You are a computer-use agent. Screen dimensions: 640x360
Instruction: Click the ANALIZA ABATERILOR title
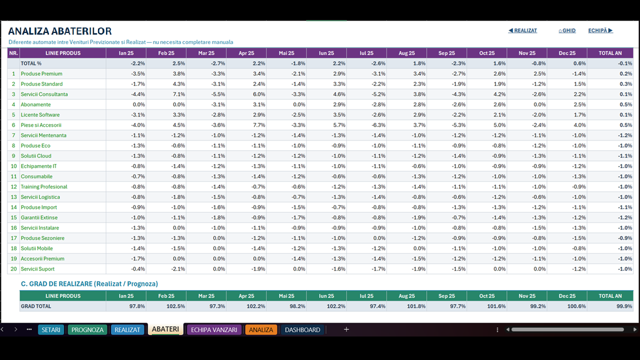59,31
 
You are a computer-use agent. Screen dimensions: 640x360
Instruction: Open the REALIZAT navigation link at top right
522,30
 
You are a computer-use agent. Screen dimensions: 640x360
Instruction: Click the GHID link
567,30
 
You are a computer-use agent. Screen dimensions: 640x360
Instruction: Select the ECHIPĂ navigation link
600,30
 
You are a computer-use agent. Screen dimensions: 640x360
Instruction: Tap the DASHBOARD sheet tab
302,329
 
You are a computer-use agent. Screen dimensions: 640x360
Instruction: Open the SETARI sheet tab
51,329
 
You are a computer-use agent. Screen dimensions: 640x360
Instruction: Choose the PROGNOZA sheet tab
87,329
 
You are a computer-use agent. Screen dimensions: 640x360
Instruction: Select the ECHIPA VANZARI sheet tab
214,329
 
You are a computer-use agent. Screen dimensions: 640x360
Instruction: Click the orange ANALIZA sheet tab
261,329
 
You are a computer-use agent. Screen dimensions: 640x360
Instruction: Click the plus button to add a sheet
346,329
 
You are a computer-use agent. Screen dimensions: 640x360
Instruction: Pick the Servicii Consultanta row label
44,94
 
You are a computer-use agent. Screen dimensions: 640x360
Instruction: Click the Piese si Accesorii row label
41,125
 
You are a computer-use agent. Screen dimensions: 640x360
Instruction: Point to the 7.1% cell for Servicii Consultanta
179,94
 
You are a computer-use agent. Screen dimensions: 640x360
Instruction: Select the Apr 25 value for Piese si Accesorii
259,125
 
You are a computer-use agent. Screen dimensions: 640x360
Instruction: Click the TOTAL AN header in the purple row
610,53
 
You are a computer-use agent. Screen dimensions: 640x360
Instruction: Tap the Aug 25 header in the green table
406,296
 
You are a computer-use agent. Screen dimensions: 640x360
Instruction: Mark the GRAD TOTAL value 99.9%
624,306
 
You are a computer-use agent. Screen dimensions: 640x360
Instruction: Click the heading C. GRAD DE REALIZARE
89,283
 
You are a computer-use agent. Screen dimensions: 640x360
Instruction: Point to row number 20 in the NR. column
13,269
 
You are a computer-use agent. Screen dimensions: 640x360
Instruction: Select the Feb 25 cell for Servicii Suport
178,269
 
